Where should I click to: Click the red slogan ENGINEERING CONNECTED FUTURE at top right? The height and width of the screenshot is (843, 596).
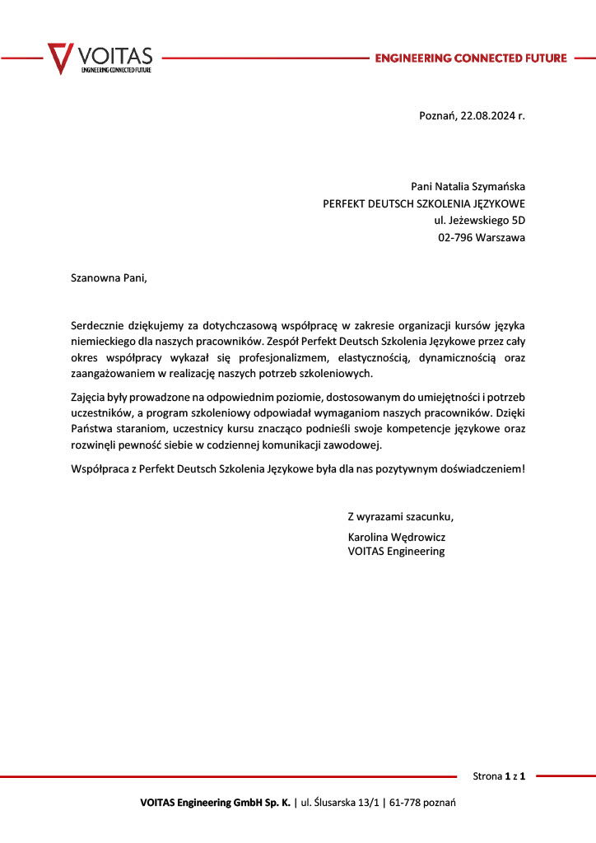tap(470, 58)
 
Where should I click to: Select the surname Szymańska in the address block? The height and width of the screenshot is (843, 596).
tap(496, 187)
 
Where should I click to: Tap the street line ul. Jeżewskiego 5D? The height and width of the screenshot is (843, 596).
tap(479, 221)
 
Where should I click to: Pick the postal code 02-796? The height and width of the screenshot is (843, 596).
tap(454, 238)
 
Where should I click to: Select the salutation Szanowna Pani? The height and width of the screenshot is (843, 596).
tap(109, 277)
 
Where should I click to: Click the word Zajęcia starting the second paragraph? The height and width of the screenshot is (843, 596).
tap(90, 399)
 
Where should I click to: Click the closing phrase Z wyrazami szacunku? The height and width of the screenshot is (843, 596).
tap(400, 517)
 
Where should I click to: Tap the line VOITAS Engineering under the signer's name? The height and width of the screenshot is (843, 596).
tap(396, 552)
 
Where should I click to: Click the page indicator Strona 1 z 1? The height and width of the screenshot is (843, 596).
tap(499, 775)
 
